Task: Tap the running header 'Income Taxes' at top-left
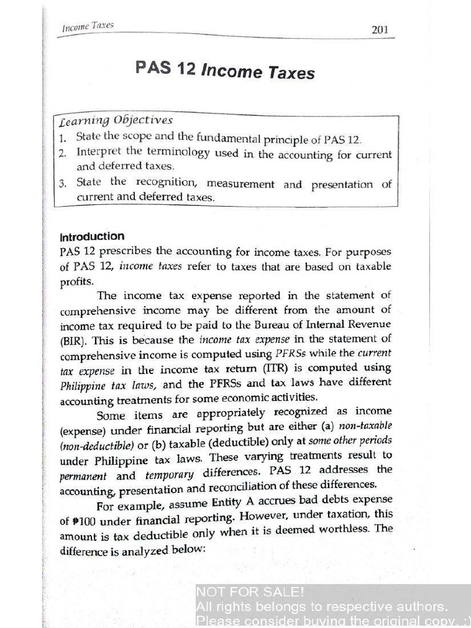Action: (x=88, y=27)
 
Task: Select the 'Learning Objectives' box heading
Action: (x=116, y=120)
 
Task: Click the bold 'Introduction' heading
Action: (x=92, y=237)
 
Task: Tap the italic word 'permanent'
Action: (x=83, y=476)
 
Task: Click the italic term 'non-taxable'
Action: (x=365, y=426)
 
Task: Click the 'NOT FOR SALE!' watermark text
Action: (x=250, y=592)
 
